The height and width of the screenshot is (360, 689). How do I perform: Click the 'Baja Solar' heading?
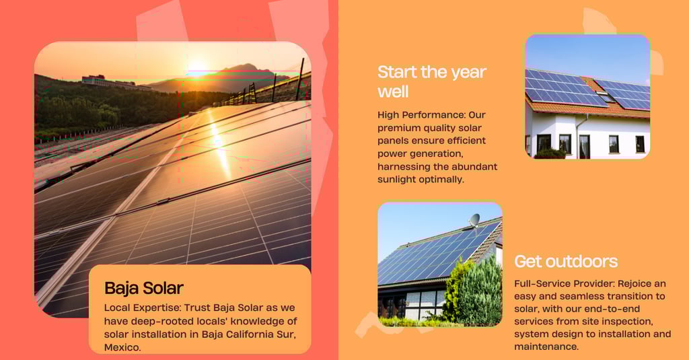point(144,289)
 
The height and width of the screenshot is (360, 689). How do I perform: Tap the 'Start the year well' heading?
point(432,82)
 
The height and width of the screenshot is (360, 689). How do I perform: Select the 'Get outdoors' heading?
point(566,262)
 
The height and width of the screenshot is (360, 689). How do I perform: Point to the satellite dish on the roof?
point(474,220)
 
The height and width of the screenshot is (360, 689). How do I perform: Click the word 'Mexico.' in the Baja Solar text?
point(122,347)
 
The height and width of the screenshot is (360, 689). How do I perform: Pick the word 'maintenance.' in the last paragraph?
point(546,347)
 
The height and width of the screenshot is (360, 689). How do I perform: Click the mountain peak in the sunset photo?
point(245,67)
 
